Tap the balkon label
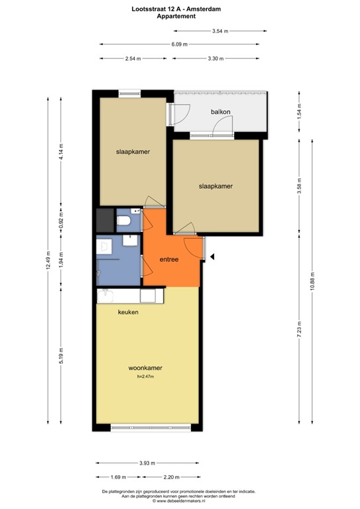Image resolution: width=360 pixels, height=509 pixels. coord(221,112)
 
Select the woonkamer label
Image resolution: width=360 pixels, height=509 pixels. coord(146,368)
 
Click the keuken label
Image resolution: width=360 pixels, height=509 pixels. coord(128,312)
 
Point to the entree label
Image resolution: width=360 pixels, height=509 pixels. coord(169,259)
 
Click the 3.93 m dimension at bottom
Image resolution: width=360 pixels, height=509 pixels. coord(148,463)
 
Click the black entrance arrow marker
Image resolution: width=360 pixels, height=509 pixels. coord(212,254)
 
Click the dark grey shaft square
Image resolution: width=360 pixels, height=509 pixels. coord(105,220)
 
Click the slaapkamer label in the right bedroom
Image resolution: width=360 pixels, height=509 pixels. coord(215,186)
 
